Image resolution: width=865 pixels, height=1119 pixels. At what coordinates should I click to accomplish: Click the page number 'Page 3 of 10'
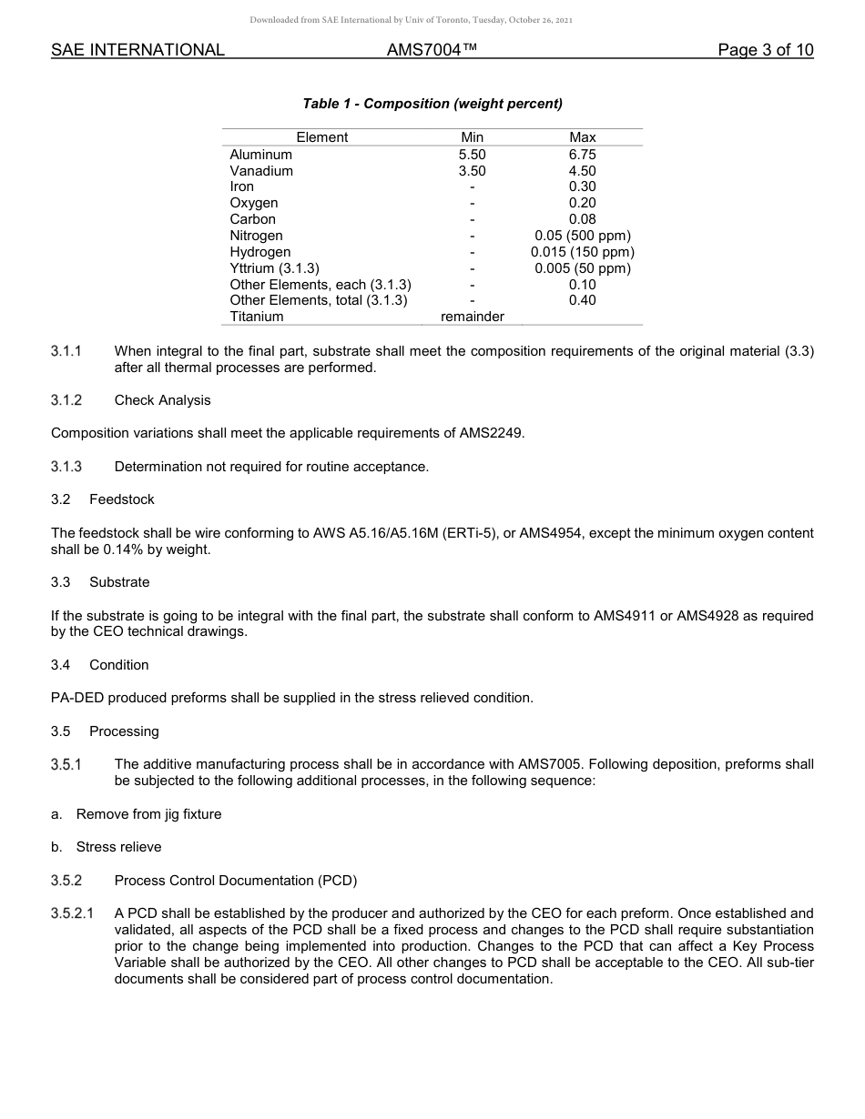(x=765, y=50)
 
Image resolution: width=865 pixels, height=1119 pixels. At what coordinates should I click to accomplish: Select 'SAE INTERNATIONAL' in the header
(x=137, y=50)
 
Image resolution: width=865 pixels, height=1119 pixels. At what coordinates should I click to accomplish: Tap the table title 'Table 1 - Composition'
(x=432, y=104)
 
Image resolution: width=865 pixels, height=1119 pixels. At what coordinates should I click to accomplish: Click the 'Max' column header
(x=582, y=137)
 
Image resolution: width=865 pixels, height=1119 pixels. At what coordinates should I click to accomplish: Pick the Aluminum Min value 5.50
(x=472, y=155)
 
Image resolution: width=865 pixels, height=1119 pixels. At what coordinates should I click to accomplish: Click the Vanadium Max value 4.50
(x=582, y=171)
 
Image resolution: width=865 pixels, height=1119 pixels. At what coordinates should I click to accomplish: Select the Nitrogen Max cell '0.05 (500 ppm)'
(x=582, y=236)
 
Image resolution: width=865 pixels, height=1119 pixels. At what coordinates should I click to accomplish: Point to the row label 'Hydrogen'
(x=260, y=252)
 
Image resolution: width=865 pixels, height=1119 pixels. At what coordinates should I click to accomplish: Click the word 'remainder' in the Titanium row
(x=472, y=317)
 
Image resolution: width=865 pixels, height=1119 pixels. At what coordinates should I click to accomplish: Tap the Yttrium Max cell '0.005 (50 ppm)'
(x=582, y=268)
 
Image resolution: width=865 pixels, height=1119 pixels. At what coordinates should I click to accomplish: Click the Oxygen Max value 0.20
(x=582, y=203)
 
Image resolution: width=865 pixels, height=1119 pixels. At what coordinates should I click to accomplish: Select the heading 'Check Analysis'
(x=162, y=400)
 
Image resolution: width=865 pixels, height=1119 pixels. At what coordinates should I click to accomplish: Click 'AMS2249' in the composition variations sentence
(x=496, y=433)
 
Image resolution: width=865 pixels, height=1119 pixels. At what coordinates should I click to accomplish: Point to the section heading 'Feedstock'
(x=122, y=499)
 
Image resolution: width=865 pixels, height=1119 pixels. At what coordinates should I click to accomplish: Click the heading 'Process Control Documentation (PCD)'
(x=235, y=881)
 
